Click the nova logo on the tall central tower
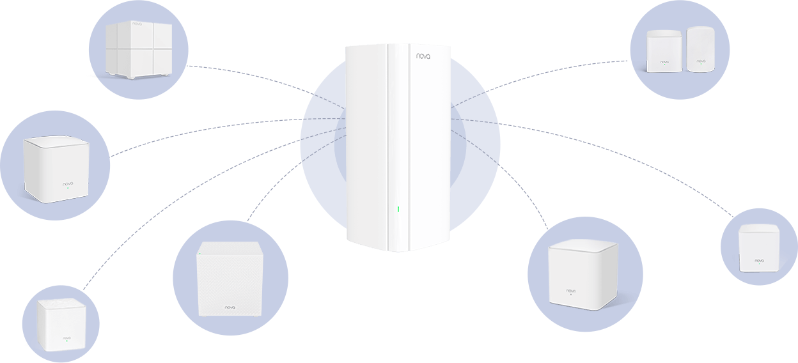coord(423,56)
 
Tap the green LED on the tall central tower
coord(398,209)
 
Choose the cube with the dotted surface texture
coord(230,279)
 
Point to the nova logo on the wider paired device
coord(664,62)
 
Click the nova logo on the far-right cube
coord(759,260)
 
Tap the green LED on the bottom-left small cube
coord(66,341)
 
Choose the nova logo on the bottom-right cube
coord(571,291)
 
